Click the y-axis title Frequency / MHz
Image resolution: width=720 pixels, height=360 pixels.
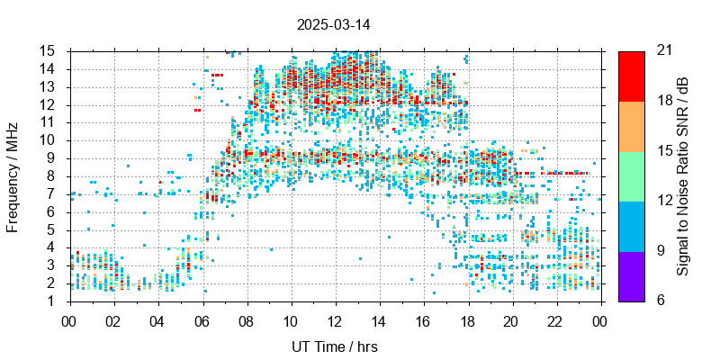(13, 175)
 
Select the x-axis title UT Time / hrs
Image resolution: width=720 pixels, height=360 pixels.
(336, 346)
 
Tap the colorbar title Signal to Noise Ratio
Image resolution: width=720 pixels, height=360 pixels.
(683, 175)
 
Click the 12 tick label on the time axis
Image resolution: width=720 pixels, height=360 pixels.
(336, 319)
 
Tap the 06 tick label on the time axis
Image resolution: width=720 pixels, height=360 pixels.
(202, 319)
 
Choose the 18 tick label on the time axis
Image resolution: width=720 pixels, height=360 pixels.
(468, 319)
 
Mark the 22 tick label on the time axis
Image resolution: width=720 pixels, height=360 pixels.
(556, 319)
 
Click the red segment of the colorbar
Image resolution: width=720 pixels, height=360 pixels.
(632, 76)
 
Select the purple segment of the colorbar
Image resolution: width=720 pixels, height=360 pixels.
(632, 275)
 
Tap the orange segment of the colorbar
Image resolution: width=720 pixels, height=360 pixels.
(632, 126)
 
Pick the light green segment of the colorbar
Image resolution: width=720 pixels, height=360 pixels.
(632, 175)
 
